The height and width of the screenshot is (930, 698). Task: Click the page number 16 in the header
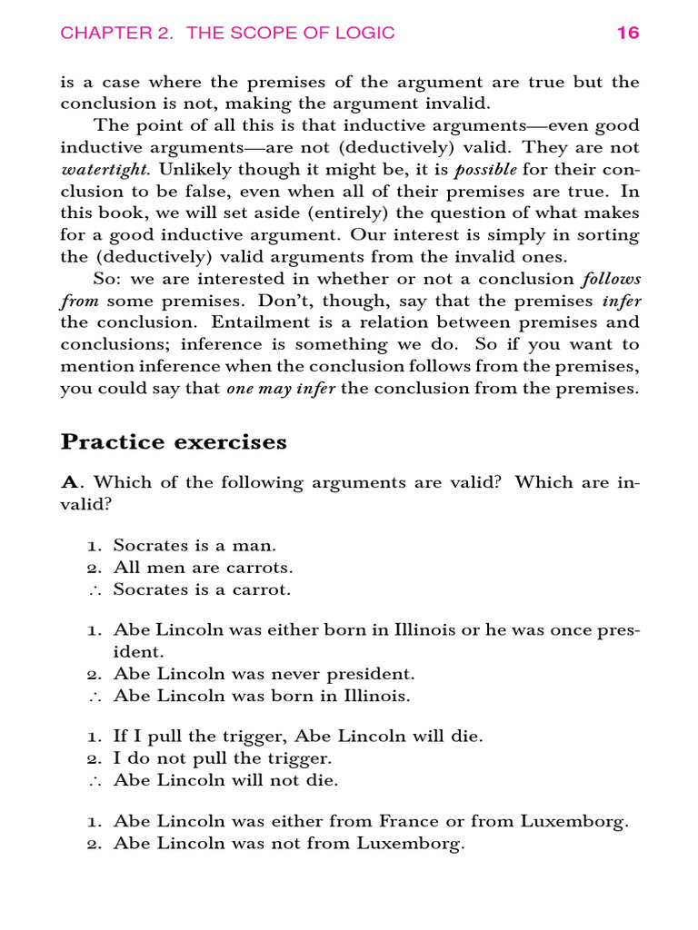point(628,34)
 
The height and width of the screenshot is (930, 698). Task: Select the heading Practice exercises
point(174,442)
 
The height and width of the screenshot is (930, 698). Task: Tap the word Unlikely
point(189,169)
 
